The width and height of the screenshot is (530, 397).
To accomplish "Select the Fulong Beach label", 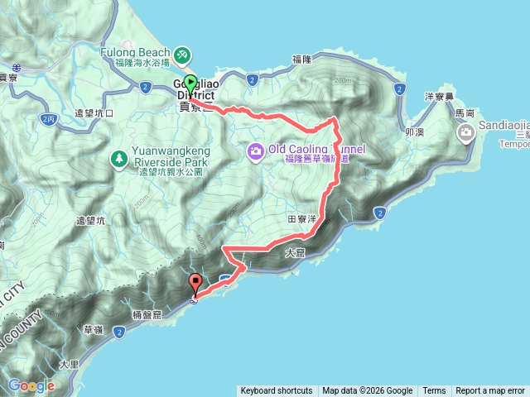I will pos(134,50).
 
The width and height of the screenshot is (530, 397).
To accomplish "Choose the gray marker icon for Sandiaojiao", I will pos(466,131).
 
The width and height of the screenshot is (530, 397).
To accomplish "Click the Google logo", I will pos(31,385).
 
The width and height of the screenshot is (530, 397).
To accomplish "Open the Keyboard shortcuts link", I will pos(277,391).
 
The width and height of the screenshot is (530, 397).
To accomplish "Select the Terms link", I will pos(434,391).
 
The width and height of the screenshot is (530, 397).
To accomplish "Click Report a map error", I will pos(490,391).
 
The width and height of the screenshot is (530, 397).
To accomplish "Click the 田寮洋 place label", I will pos(302,220).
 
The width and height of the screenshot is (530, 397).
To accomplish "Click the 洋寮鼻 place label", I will pos(436,95).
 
